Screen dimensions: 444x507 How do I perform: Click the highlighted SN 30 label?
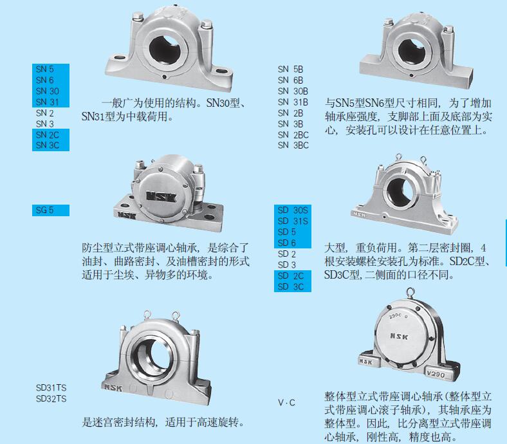pyautogui.click(x=48, y=91)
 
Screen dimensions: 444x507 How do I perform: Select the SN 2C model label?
pyautogui.click(x=48, y=134)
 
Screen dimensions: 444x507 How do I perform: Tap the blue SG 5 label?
pyautogui.click(x=45, y=210)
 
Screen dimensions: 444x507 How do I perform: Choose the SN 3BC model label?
pyautogui.click(x=293, y=145)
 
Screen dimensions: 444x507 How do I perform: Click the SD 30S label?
pyautogui.click(x=293, y=210)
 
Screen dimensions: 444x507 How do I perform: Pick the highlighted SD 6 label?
pyautogui.click(x=287, y=243)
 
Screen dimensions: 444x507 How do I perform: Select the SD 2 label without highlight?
pyautogui.click(x=287, y=254)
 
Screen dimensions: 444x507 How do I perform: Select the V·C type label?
pyautogui.click(x=286, y=403)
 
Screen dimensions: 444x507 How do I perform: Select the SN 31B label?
pyautogui.click(x=293, y=102)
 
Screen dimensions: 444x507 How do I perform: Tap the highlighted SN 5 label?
pyautogui.click(x=45, y=69)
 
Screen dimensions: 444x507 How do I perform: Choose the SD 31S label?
pyautogui.click(x=293, y=221)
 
